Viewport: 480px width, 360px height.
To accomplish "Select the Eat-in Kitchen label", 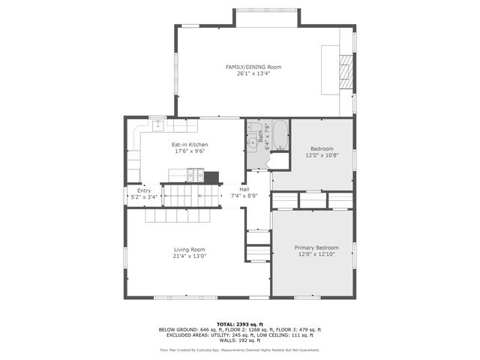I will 190,144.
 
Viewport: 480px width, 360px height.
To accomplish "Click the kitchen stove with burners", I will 196,176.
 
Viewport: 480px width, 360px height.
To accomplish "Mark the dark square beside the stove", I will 211,177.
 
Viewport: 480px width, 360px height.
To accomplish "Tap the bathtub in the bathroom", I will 280,135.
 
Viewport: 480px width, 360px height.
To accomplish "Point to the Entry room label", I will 144,190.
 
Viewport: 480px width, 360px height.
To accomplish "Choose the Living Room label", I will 190,249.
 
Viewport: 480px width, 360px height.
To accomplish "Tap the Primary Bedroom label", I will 316,247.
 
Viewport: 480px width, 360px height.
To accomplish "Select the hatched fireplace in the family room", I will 346,72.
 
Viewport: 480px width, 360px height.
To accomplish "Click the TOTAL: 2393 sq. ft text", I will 239,323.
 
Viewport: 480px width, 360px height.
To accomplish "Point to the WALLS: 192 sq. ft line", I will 239,341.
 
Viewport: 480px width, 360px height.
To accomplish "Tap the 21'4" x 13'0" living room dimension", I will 190,256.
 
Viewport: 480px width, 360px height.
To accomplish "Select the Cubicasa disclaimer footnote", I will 239,349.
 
